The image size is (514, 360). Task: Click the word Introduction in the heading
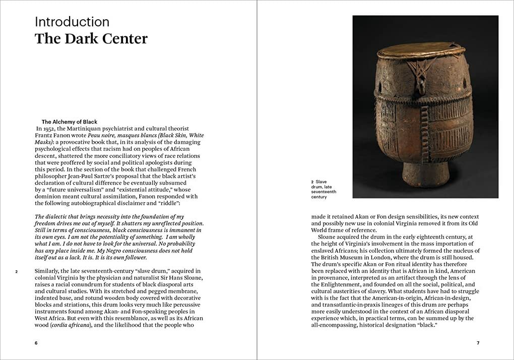coord(72,22)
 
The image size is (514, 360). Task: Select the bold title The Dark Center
coord(91,39)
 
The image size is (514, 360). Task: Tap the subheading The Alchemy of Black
coord(70,122)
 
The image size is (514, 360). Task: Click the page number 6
coord(36,343)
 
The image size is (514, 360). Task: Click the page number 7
coord(478,343)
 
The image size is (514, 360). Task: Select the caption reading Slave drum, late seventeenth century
coord(324,189)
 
